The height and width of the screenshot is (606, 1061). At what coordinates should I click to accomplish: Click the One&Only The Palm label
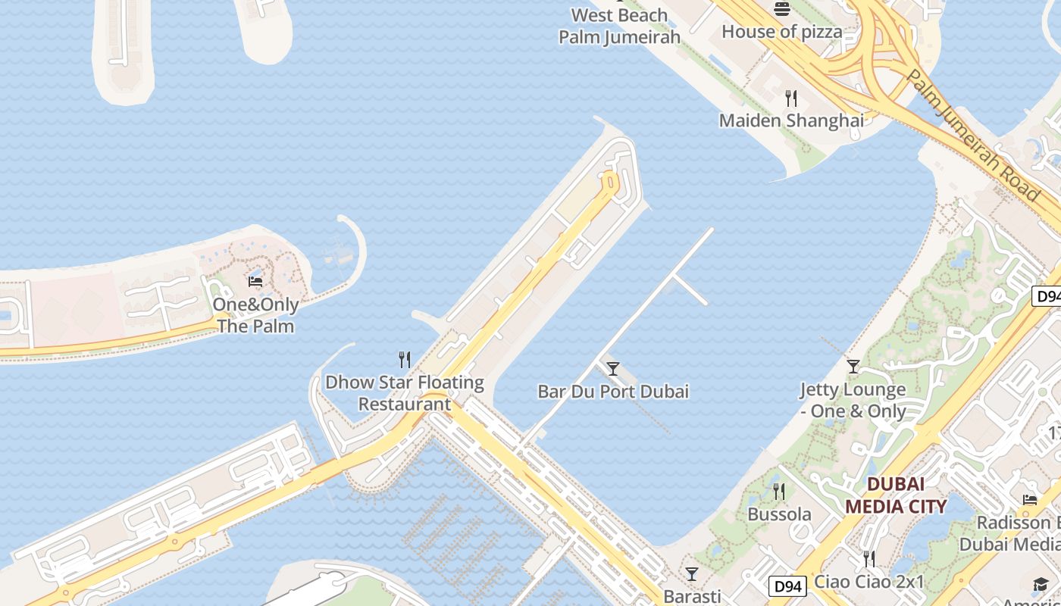click(x=255, y=315)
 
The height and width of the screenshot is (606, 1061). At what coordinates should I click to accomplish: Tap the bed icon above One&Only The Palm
click(x=255, y=282)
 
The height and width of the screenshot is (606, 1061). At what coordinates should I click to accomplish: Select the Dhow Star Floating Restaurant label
click(x=405, y=392)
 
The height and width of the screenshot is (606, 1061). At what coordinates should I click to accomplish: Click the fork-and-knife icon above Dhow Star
click(x=405, y=359)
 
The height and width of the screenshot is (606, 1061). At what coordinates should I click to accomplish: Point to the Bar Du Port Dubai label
click(x=613, y=392)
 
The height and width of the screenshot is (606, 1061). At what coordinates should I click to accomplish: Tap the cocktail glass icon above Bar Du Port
click(x=613, y=369)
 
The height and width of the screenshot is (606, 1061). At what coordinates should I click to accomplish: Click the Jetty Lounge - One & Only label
click(x=853, y=400)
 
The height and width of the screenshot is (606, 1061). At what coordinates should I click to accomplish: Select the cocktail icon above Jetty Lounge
click(x=853, y=367)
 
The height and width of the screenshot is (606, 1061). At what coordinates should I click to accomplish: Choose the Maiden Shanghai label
click(x=791, y=120)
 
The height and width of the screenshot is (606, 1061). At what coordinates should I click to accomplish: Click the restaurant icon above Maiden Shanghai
click(x=791, y=98)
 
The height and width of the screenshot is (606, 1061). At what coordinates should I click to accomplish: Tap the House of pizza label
click(x=781, y=32)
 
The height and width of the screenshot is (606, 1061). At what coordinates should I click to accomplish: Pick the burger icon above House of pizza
click(x=782, y=9)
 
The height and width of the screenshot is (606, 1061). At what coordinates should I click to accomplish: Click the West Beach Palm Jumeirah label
click(x=619, y=26)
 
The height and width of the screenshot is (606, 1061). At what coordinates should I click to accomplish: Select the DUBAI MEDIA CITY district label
click(x=896, y=495)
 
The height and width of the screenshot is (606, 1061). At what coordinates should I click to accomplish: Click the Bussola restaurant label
click(x=779, y=514)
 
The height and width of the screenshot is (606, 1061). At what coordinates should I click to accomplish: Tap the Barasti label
click(x=691, y=596)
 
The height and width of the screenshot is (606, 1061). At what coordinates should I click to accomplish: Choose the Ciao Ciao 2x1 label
click(x=869, y=582)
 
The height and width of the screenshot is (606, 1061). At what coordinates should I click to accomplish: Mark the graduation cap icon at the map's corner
click(x=1040, y=584)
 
